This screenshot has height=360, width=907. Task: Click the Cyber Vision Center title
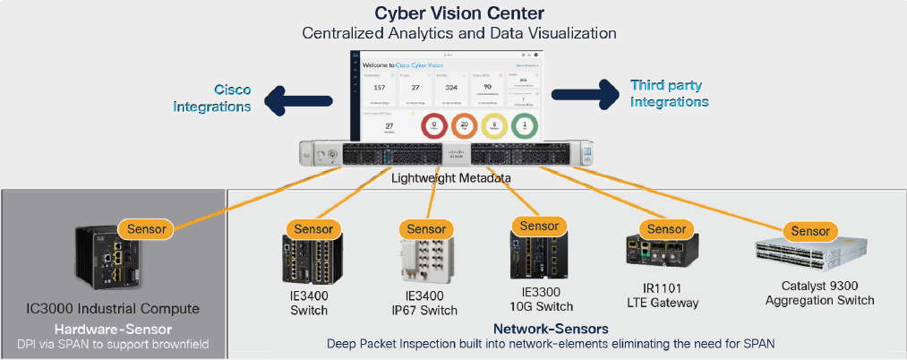tap(457, 13)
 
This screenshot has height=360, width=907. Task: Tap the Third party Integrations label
tap(669, 93)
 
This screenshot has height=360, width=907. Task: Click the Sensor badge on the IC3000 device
tap(146, 228)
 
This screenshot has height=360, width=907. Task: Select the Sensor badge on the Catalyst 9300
tap(811, 231)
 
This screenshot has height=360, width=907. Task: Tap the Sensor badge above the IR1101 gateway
tap(666, 228)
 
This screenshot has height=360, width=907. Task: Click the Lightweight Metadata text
tap(452, 178)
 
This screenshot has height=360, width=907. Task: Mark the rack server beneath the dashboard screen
tap(452, 155)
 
